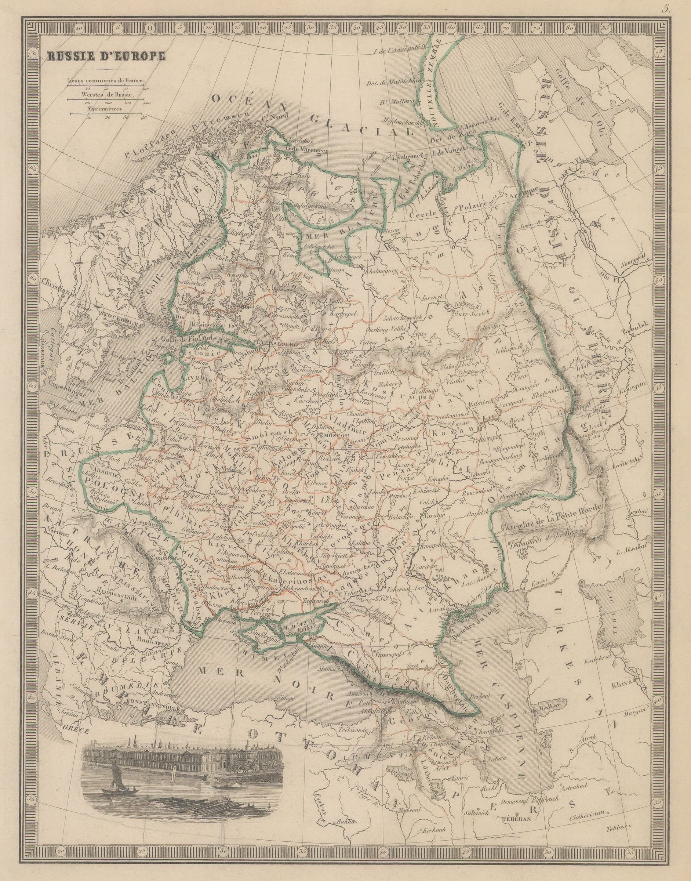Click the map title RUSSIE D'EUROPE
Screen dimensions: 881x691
[x=106, y=56]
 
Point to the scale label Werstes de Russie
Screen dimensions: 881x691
[x=107, y=94]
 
